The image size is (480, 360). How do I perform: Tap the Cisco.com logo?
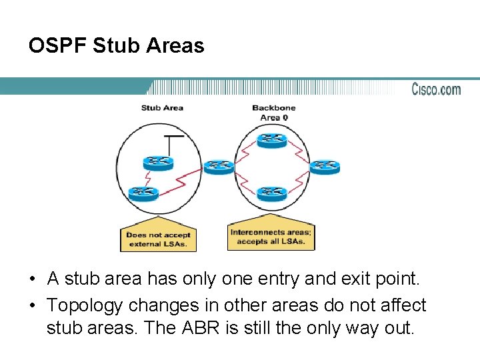pos(436,89)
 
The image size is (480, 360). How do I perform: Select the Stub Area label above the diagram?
pos(162,108)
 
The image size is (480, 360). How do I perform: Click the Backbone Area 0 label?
pos(273,112)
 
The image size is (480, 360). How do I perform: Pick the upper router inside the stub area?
pos(158,163)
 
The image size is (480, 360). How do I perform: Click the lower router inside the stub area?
pos(143,193)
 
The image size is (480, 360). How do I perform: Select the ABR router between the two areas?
pos(219,166)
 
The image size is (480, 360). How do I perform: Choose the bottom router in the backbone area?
pos(271,194)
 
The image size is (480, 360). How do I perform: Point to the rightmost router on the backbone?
pos(324,166)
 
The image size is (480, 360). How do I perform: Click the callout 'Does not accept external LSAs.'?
pos(158,239)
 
